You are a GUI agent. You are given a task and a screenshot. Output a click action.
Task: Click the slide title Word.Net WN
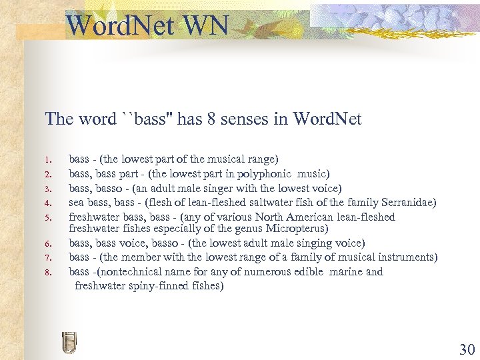(x=147, y=26)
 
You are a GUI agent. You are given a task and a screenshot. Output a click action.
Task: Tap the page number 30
(x=466, y=349)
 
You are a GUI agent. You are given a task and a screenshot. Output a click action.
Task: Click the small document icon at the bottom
(x=69, y=342)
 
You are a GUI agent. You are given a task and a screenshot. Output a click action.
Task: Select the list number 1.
(x=48, y=160)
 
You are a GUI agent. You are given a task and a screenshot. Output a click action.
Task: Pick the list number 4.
(x=48, y=203)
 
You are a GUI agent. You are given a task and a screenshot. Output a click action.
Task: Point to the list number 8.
(x=48, y=272)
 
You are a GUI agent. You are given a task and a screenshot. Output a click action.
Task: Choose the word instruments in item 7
(x=403, y=257)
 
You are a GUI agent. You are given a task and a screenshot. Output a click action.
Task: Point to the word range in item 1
(x=260, y=159)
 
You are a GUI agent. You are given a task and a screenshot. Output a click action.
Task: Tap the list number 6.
(x=48, y=244)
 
